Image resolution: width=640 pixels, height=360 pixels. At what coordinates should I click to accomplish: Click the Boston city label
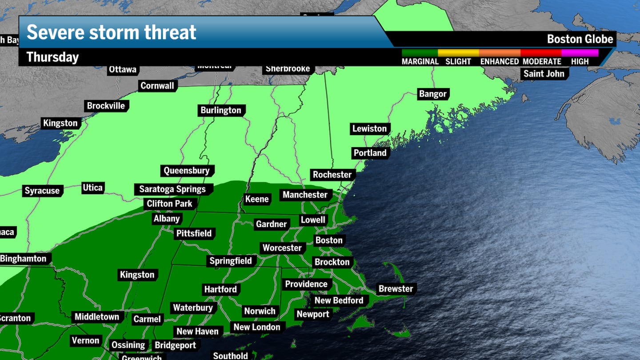[329, 240]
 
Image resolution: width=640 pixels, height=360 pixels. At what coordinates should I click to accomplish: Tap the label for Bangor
[432, 94]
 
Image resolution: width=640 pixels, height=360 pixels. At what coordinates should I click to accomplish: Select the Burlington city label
[221, 110]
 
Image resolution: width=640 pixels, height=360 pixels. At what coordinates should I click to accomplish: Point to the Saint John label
[544, 74]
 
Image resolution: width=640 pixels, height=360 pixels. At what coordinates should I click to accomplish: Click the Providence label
[306, 284]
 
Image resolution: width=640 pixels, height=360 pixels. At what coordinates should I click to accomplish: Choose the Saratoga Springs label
[172, 189]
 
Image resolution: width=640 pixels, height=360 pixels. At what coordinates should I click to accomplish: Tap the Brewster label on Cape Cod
[396, 289]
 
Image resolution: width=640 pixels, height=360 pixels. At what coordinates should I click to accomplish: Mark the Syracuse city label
[42, 191]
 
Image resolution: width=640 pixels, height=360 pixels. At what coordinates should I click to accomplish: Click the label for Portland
[370, 153]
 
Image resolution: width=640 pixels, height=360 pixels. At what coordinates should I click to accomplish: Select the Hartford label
[220, 289]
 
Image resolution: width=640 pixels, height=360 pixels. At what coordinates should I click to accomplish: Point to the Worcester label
[282, 248]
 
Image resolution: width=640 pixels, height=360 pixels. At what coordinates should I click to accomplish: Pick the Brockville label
[106, 106]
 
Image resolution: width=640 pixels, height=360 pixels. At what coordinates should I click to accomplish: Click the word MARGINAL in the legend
[420, 62]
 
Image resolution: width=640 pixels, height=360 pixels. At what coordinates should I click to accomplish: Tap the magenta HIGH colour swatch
[580, 53]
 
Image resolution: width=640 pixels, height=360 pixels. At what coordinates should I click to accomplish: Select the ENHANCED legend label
[500, 62]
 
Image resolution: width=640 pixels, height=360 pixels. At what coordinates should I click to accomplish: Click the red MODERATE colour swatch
[541, 53]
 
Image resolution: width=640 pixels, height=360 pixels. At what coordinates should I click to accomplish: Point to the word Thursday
[52, 57]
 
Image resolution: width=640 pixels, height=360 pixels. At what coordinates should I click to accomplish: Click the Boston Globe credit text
[580, 39]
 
